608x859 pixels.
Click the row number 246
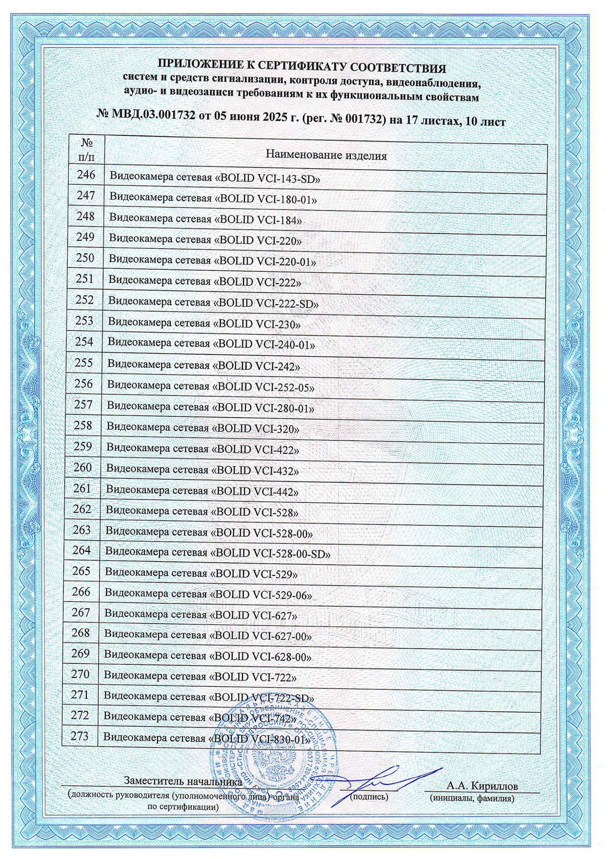[86, 175]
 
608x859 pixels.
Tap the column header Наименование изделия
[326, 155]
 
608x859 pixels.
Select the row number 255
[84, 363]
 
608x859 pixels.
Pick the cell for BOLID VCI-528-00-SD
[218, 553]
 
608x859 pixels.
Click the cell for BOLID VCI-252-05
[211, 387]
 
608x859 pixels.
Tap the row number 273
[80, 736]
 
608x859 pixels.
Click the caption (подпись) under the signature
[369, 796]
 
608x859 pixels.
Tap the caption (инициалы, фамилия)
[471, 798]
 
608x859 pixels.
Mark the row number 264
[82, 550]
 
